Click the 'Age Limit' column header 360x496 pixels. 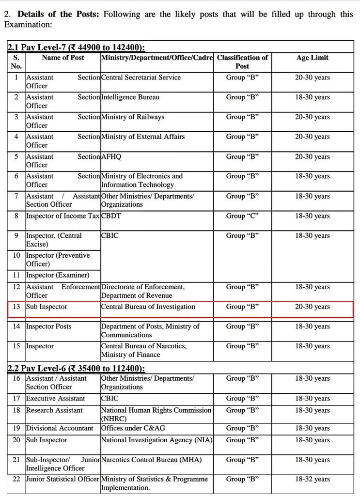(312, 58)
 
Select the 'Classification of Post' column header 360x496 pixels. (242, 62)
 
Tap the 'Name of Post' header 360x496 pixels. (63, 58)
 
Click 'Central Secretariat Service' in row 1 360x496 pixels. (141, 77)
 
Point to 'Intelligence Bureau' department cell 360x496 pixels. (130, 97)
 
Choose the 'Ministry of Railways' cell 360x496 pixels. (132, 117)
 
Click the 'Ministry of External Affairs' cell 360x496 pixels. (142, 137)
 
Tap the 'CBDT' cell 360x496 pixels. (111, 216)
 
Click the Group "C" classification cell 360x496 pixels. (242, 216)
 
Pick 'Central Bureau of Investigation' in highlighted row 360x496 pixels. (148, 307)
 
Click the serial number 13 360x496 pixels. (16, 307)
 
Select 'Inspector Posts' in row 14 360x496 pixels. (48, 326)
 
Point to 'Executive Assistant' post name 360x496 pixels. (55, 399)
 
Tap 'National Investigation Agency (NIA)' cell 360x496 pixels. (156, 440)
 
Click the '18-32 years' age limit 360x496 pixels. (312, 479)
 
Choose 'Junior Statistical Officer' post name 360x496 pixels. (63, 479)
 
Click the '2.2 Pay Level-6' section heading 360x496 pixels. (76, 369)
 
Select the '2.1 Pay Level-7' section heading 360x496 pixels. (76, 47)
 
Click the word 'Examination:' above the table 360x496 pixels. (28, 24)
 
